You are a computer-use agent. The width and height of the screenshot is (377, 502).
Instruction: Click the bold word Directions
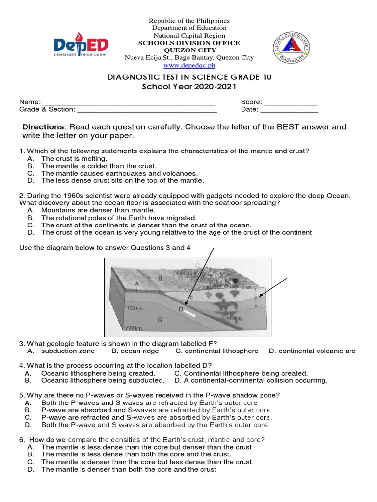pos(43,127)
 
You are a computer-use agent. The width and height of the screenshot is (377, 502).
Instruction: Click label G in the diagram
pos(160,319)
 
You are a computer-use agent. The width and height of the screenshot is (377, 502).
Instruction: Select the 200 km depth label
pos(134,328)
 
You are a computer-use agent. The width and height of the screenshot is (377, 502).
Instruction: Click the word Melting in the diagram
pos(234,318)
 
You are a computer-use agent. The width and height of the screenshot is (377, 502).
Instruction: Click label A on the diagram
pos(137,284)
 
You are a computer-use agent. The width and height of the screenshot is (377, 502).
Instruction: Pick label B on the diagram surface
pos(160,278)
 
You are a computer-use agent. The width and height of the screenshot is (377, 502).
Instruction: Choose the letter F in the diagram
pos(256,297)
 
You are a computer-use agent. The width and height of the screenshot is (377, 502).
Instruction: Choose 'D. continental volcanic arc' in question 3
pos(312,351)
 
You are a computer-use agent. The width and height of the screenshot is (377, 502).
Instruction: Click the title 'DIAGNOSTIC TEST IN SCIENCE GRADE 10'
pos(189,77)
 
